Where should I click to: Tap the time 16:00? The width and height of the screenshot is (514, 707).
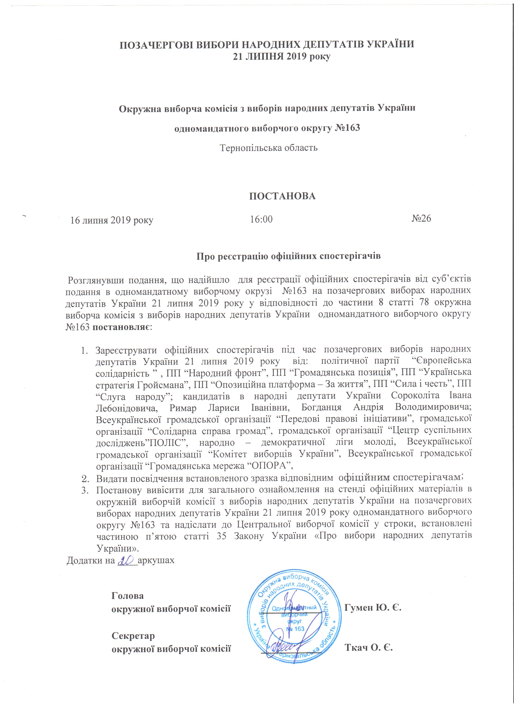pos(261,219)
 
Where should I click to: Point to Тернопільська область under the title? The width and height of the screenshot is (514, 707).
pos(269,148)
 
